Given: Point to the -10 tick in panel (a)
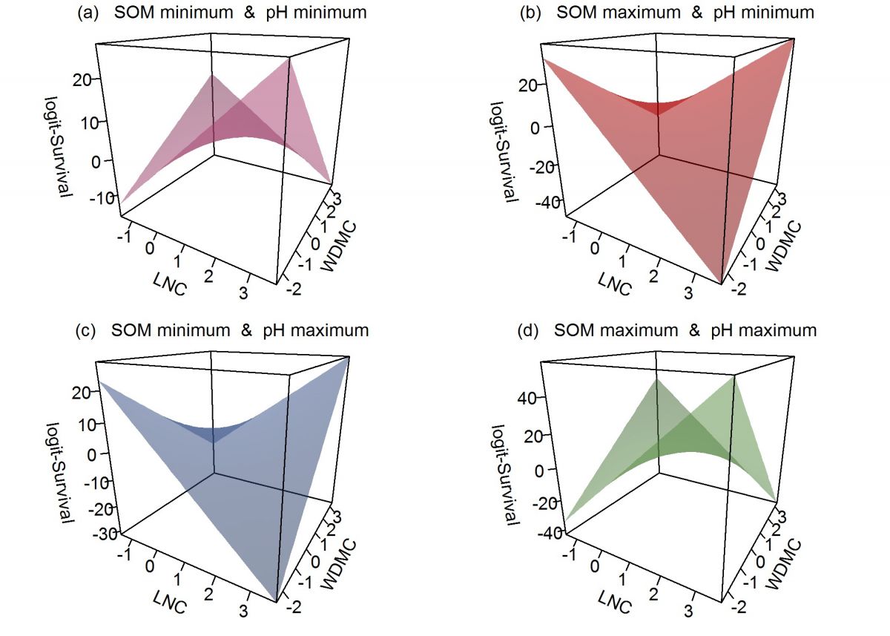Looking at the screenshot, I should [x=98, y=197].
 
